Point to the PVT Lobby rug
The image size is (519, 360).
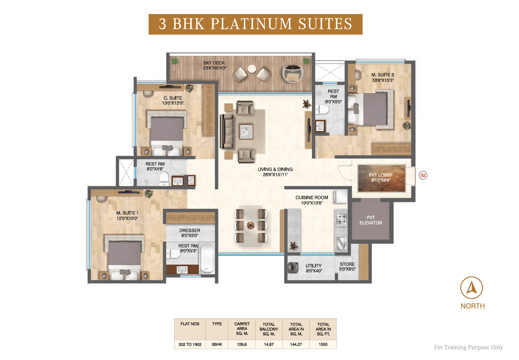[x=381, y=178]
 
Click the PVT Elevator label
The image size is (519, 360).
[x=370, y=220]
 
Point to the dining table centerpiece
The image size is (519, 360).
[x=251, y=225]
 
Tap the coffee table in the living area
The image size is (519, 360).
[x=246, y=132]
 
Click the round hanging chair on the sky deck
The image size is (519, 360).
[x=293, y=73]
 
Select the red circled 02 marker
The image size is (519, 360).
[x=423, y=175]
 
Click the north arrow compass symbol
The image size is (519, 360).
[x=472, y=288]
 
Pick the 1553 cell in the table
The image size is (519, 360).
[x=323, y=344]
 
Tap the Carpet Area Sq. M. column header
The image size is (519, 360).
[x=242, y=328]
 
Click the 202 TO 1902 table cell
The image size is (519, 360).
[x=190, y=344]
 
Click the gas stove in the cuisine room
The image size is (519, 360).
[x=342, y=220]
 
